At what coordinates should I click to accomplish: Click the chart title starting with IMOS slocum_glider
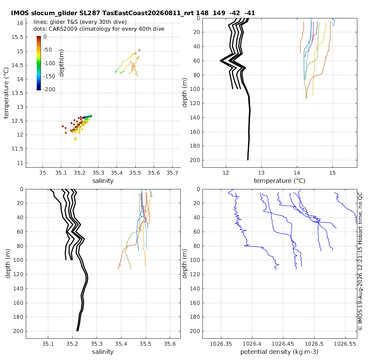133,13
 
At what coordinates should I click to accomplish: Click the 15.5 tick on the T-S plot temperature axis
18,37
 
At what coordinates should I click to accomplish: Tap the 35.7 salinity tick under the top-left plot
172,173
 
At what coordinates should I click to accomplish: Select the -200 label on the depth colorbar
49,90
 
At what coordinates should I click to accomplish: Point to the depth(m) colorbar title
61,63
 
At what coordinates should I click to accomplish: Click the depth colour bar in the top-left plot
39,63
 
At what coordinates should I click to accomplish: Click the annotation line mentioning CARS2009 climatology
99,29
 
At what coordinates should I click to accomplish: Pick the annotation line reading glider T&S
80,22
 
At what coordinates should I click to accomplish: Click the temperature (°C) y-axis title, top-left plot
6,93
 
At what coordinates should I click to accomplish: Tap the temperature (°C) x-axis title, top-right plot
280,180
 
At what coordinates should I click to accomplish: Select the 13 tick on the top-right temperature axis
261,173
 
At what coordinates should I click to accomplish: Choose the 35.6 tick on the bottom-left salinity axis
170,344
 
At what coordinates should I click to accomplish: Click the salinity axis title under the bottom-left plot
103,352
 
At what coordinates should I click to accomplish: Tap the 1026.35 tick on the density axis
221,344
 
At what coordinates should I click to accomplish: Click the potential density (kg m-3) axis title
279,352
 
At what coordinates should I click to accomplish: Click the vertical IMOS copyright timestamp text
360,261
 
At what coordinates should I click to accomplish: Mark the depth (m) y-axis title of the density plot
184,264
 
